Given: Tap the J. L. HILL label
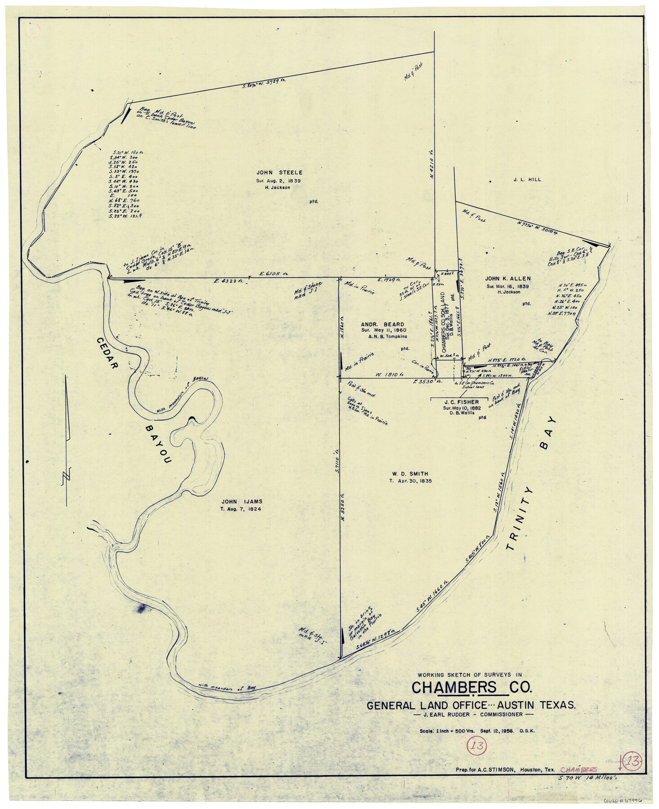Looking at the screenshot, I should pyautogui.click(x=527, y=179).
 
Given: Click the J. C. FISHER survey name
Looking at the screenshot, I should pyautogui.click(x=461, y=402).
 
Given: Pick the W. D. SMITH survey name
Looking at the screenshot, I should pyautogui.click(x=410, y=474).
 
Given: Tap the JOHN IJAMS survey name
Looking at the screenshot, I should pyautogui.click(x=242, y=502).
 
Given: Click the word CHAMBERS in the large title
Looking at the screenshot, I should pyautogui.click(x=454, y=688).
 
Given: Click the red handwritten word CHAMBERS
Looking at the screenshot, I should pyautogui.click(x=578, y=770).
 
